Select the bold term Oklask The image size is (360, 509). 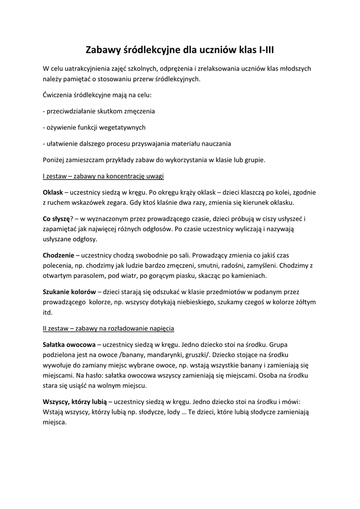coord(53,192)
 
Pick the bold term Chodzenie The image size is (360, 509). coord(58,254)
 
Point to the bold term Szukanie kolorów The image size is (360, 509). coord(69,292)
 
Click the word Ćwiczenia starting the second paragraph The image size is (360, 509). coord(60,94)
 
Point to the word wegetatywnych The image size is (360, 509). coord(121,127)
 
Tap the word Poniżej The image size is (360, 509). coord(55,160)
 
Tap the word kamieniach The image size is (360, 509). coord(247,275)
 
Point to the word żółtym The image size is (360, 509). coord(303,302)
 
